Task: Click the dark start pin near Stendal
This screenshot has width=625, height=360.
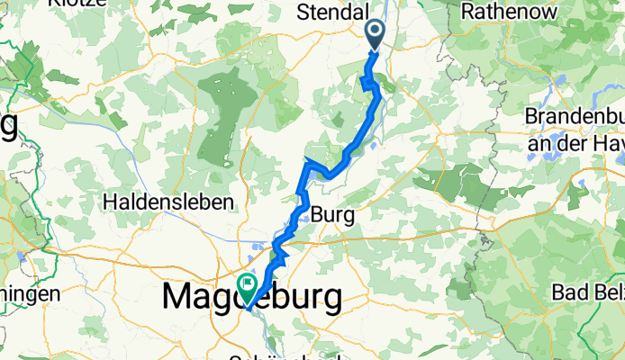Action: pos(375,34)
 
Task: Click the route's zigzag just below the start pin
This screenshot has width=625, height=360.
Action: pos(367,83)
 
